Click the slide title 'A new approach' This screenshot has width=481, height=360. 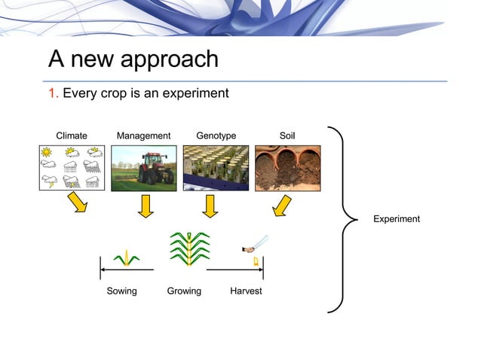coord(133,59)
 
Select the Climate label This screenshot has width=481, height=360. coord(72,136)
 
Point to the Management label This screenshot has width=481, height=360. coord(143,136)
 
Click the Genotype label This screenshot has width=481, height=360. coord(216,136)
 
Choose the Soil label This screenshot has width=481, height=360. coord(287,136)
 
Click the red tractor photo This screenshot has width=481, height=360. coord(143,167)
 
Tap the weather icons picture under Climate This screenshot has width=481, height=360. coord(72,167)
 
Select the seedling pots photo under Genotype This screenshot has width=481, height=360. coord(216,167)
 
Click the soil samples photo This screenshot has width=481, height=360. coord(287,167)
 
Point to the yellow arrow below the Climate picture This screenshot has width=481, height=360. coord(78,203)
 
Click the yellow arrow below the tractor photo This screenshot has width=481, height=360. coord(146,206)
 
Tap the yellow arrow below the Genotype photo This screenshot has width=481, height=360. coord(210,206)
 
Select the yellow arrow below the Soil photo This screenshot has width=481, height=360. coord(280,205)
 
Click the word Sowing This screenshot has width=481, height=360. coord(121,291)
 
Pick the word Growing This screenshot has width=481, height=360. coord(184,291)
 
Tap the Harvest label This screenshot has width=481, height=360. coord(246,291)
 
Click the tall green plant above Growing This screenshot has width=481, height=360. coord(189,249)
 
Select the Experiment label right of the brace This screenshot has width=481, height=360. coord(397,219)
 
